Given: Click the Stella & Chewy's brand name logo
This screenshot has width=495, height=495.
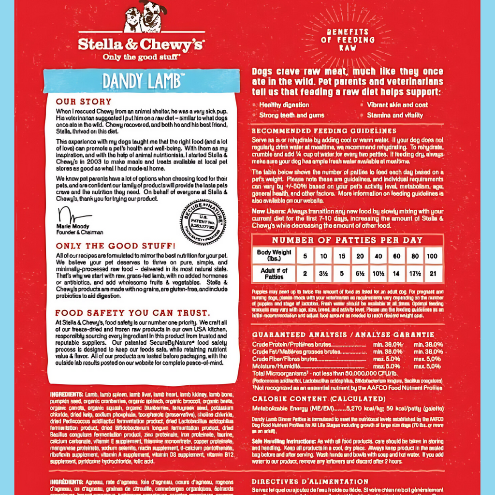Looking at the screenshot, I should point(141,44).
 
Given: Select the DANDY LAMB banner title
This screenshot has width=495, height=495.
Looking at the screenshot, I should point(141,80).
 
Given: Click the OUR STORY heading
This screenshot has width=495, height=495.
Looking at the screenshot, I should point(84,102).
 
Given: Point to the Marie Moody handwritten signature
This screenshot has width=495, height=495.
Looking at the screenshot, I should point(73,215).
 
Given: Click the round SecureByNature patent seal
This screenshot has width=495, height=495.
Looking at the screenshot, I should point(203,222).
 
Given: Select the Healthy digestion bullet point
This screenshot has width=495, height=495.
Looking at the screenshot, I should point(284,105).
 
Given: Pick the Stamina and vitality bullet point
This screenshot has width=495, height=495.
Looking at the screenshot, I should point(394,116).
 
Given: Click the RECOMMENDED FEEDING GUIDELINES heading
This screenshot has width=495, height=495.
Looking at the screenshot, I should point(324,131).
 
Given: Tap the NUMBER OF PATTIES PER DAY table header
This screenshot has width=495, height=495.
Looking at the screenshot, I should point(347,240).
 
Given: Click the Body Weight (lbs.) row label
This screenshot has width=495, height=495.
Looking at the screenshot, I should point(274,255).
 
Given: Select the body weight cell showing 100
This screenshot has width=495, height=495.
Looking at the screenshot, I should point(432,256).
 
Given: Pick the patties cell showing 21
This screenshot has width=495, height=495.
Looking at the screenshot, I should point(432,274).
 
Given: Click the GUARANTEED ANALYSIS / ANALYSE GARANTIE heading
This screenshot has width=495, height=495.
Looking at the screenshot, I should point(343,335).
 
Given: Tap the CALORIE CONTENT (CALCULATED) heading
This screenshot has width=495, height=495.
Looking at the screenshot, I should point(319,399).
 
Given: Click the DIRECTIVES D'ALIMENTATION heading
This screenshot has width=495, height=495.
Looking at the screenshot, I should point(310,481).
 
